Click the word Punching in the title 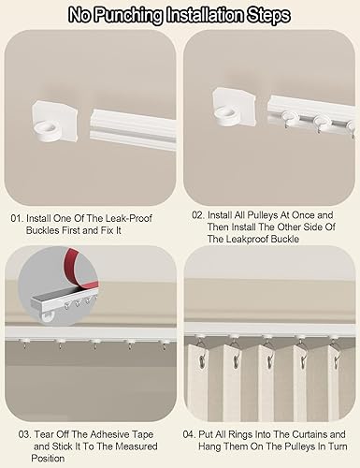click(x=128, y=16)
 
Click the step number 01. click(x=17, y=218)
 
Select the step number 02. click(x=198, y=215)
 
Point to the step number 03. click(x=25, y=434)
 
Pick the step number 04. click(x=189, y=434)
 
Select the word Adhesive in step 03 click(x=111, y=434)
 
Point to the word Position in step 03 click(x=48, y=459)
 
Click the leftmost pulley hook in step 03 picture click(x=24, y=344)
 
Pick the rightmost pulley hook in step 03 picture click(x=165, y=344)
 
